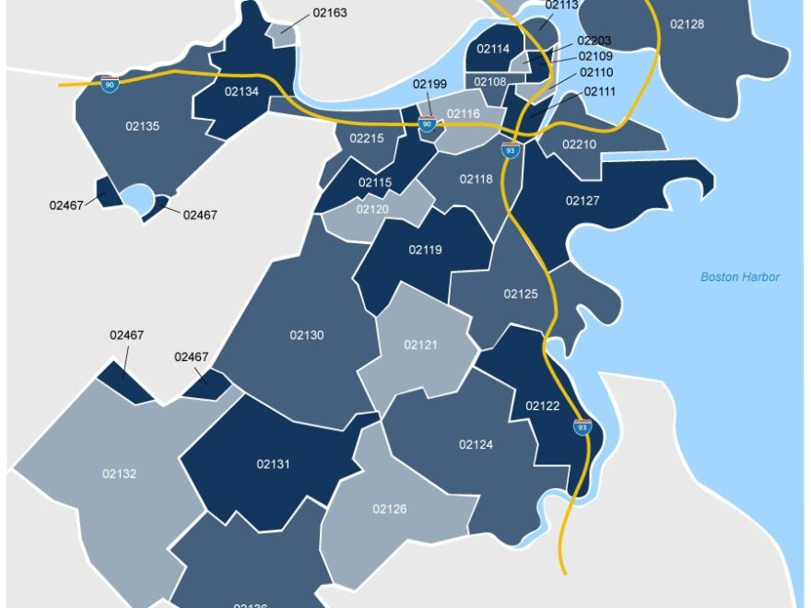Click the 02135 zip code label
(143, 126)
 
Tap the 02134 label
(241, 91)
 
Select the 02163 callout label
(330, 14)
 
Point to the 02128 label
(687, 24)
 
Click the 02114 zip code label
(494, 49)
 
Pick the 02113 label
(561, 5)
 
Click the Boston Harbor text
(740, 276)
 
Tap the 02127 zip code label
(582, 200)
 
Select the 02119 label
(426, 250)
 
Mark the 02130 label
(307, 335)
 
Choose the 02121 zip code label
(420, 345)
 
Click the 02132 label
(119, 474)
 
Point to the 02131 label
(273, 464)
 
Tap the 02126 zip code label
(389, 509)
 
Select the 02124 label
(476, 445)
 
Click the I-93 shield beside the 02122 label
(582, 427)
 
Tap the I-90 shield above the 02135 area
(110, 85)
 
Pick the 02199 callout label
(429, 85)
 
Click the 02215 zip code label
(366, 138)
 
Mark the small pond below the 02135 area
(137, 197)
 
